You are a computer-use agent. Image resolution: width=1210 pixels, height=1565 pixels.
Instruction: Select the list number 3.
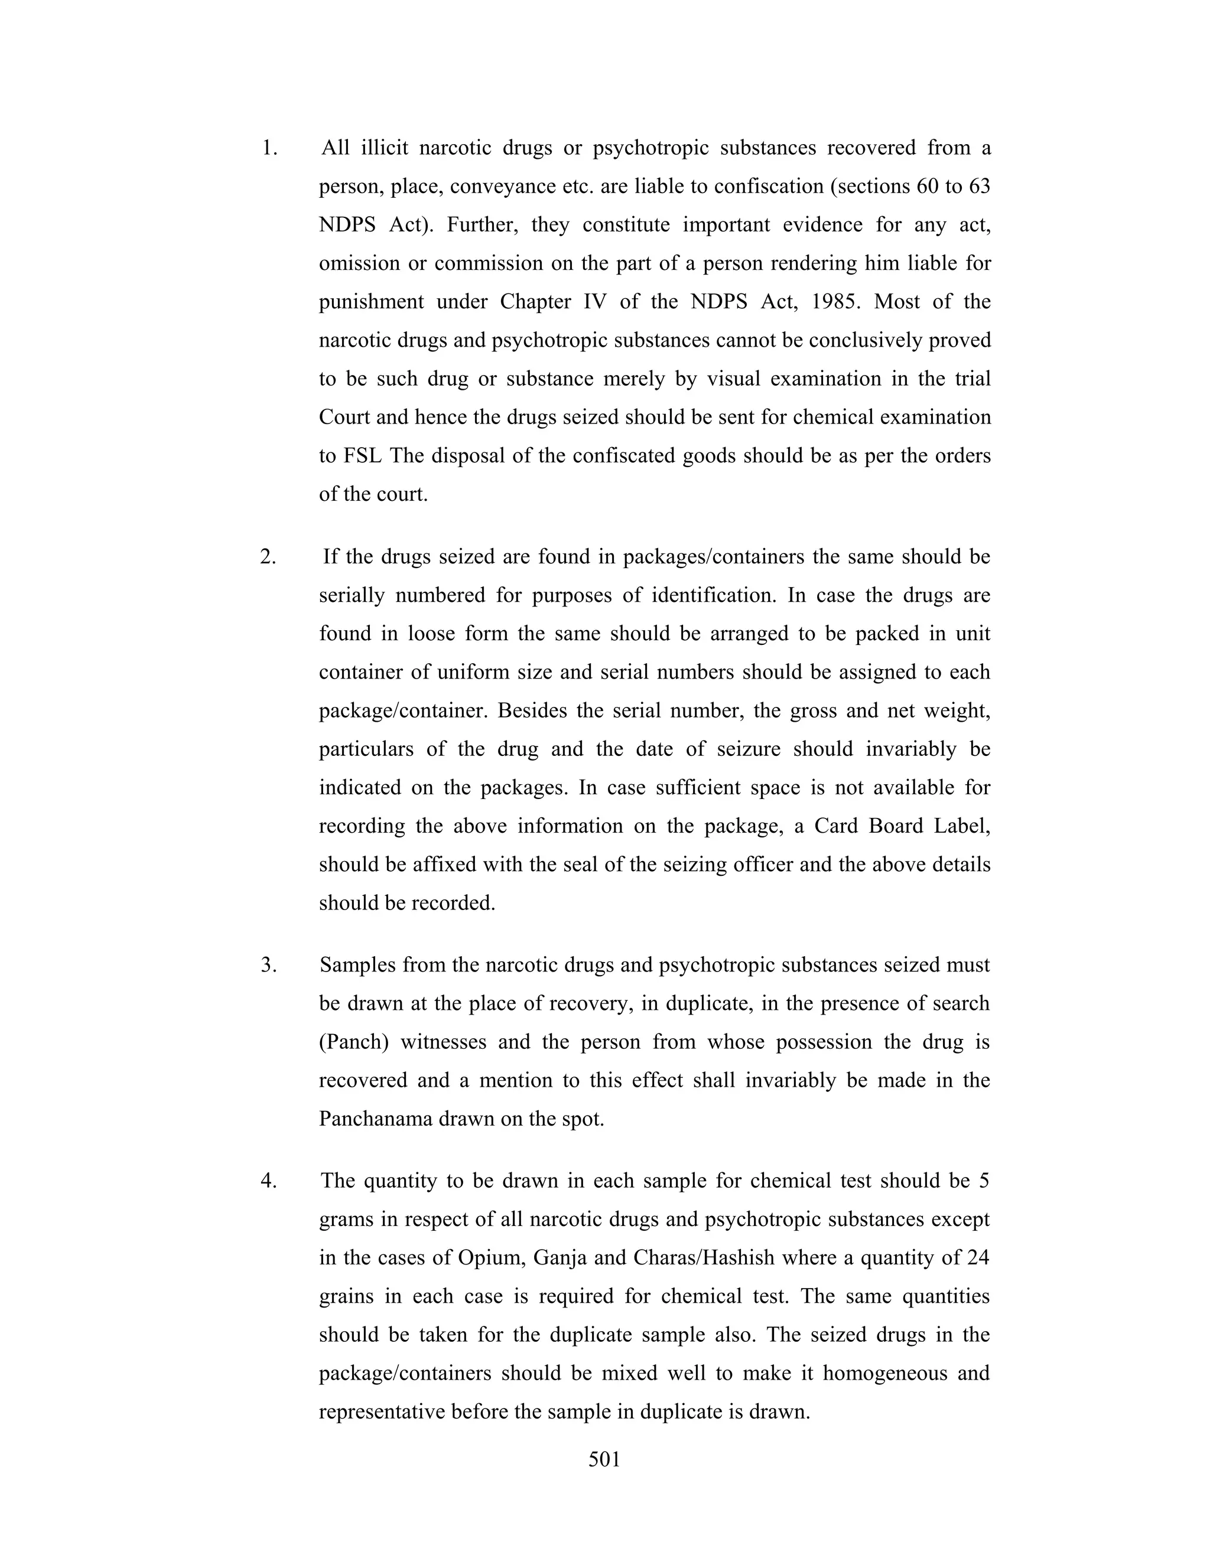268,965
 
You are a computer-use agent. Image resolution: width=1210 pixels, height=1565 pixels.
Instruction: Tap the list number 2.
268,557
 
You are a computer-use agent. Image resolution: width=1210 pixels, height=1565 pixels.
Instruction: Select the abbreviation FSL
362,456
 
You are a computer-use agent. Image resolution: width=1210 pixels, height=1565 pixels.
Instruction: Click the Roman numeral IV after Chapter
595,302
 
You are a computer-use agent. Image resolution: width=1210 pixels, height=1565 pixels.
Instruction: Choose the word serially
352,595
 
